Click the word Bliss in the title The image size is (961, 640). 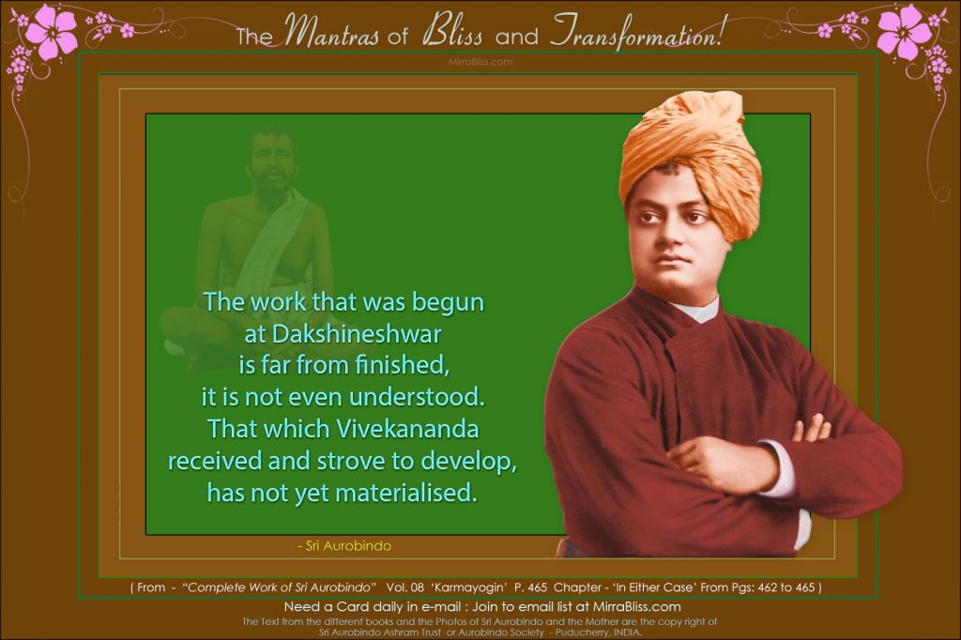pyautogui.click(x=452, y=33)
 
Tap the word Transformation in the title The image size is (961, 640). pyautogui.click(x=634, y=33)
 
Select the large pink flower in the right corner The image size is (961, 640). pyautogui.click(x=905, y=31)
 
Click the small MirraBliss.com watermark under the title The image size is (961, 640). pyautogui.click(x=480, y=62)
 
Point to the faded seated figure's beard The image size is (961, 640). pyautogui.click(x=269, y=191)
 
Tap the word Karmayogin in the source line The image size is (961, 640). pyautogui.click(x=469, y=587)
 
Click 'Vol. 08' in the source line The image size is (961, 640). pyautogui.click(x=404, y=587)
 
